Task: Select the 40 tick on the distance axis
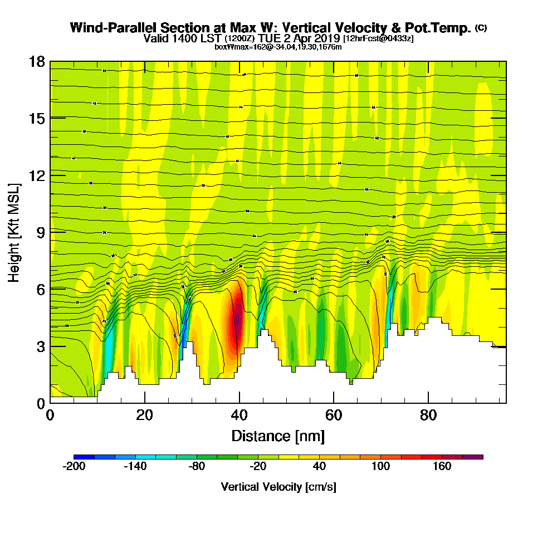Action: (239, 416)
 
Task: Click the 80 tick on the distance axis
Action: (428, 416)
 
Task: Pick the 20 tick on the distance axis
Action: (145, 416)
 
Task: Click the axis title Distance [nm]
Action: (278, 436)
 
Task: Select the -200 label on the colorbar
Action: (74, 467)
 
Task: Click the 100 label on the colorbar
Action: (381, 467)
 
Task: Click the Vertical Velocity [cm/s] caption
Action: (278, 487)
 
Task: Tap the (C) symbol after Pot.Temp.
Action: (481, 28)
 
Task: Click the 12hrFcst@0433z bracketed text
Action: (378, 38)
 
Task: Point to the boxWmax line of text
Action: (278, 47)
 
